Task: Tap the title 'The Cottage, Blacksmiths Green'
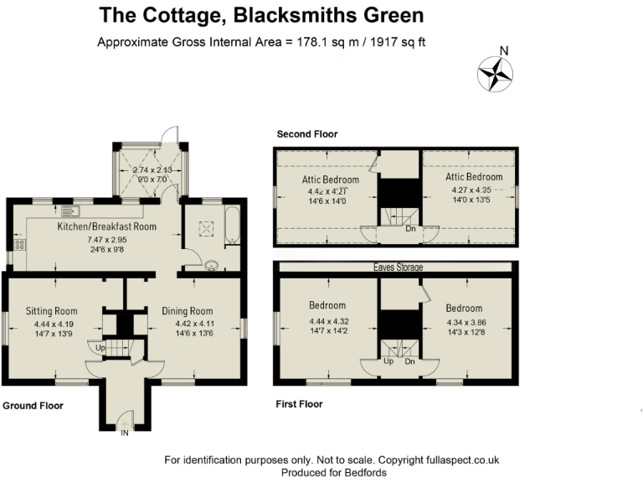[x=261, y=15]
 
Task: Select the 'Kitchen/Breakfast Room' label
[x=106, y=226]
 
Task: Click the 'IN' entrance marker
[x=126, y=433]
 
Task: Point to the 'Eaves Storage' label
[x=397, y=267]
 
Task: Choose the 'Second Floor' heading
[x=307, y=134]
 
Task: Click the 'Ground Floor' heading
[x=33, y=406]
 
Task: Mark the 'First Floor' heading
[x=300, y=404]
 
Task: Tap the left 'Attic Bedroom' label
[x=331, y=179]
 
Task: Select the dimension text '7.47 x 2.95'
[x=106, y=240]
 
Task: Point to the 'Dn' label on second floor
[x=409, y=228]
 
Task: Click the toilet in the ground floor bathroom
[x=213, y=266]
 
